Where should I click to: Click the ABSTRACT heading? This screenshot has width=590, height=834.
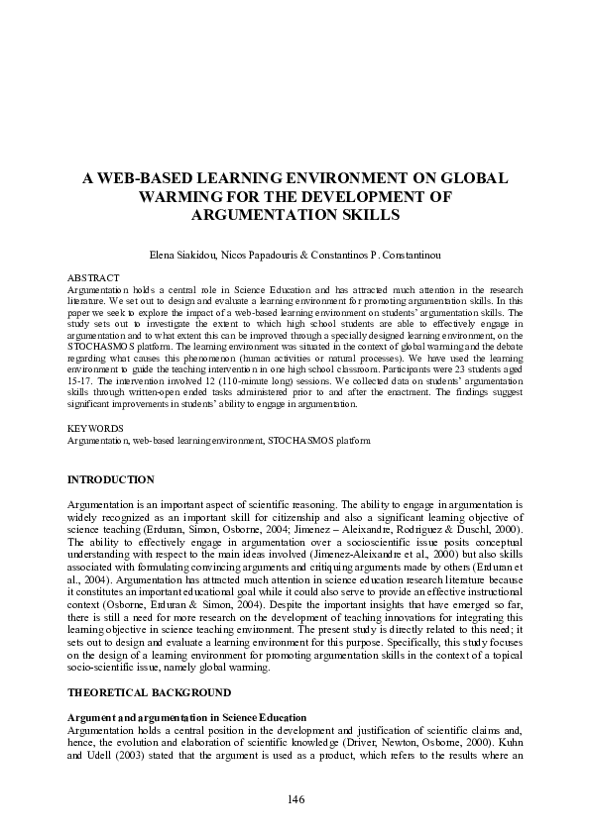click(92, 277)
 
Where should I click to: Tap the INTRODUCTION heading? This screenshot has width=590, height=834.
click(110, 479)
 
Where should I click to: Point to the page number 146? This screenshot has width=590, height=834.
click(295, 799)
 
